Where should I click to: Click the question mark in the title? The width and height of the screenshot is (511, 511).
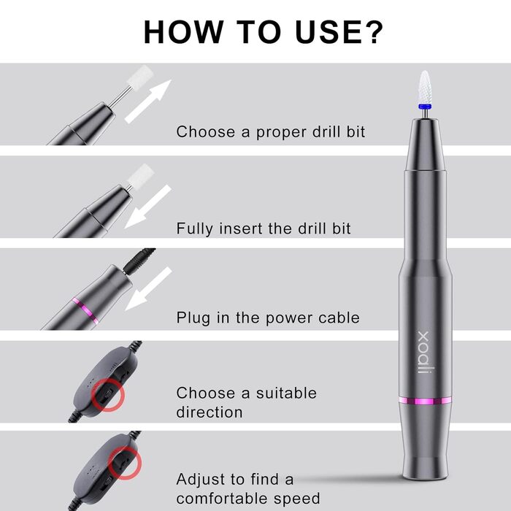[x=372, y=31]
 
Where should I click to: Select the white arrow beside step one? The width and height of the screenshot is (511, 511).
[x=148, y=101]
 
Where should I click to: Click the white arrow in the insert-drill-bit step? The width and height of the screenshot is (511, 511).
[x=147, y=207]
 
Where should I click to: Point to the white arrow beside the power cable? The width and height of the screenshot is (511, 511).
[x=148, y=288]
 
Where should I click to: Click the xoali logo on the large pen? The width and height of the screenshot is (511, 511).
[x=423, y=353]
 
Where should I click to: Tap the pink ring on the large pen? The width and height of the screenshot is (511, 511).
[x=425, y=401]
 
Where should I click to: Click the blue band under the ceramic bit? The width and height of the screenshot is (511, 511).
[x=425, y=106]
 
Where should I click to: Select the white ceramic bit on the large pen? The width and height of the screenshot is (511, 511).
[x=425, y=87]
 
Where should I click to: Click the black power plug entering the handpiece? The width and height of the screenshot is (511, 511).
[x=139, y=261]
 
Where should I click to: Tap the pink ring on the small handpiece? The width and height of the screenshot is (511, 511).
[x=85, y=311]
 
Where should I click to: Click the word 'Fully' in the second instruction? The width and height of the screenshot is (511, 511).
[x=195, y=228]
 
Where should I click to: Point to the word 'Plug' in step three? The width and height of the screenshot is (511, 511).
[x=193, y=318]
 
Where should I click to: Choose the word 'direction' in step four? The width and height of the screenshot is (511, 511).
[x=210, y=412]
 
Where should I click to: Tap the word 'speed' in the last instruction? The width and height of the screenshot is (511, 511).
[x=297, y=499]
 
